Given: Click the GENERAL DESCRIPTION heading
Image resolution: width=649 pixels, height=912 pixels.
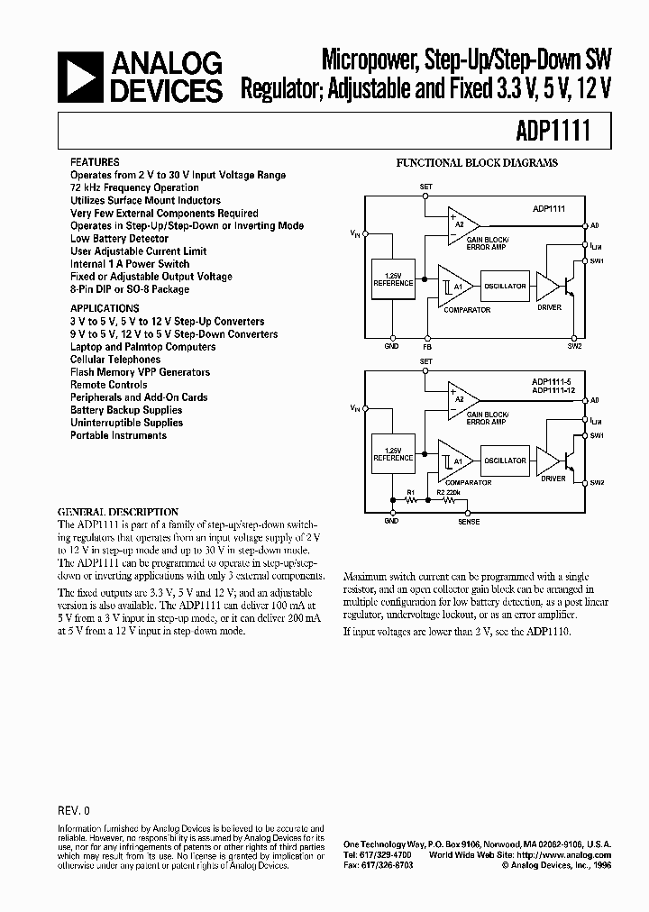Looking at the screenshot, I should [x=118, y=512].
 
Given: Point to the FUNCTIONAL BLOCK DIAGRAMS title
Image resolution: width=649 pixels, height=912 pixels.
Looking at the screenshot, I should [x=477, y=163].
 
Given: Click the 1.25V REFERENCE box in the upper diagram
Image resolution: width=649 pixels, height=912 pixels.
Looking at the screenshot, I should [x=393, y=279].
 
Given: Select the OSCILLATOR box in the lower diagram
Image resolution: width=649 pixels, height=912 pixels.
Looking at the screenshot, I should [x=505, y=461].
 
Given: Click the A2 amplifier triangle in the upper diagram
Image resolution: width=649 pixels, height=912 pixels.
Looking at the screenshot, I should [x=460, y=223].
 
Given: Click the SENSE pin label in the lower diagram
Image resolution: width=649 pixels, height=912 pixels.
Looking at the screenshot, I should [x=470, y=522].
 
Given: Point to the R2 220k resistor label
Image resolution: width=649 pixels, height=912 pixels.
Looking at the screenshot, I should [x=448, y=493].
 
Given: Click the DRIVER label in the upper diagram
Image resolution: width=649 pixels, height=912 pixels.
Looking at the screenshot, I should [x=550, y=307].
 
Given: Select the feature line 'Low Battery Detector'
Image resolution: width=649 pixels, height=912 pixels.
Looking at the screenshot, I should [x=119, y=239].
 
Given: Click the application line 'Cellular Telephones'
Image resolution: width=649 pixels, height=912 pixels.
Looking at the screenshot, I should [x=115, y=359].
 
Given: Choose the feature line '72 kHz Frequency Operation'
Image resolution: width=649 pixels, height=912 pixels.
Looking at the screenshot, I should [x=134, y=187].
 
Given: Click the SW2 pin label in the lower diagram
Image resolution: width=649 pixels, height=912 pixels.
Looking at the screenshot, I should [x=597, y=483].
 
